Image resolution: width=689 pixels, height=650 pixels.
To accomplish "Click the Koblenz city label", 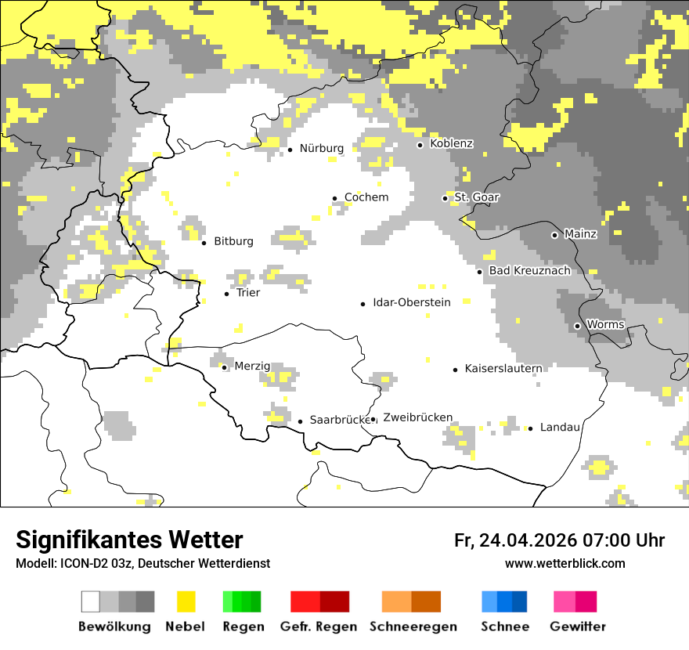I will tap(452, 143).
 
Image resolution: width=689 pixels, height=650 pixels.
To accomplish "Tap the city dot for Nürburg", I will tap(290, 149).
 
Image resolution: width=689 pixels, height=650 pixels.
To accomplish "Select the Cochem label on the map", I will tap(366, 197).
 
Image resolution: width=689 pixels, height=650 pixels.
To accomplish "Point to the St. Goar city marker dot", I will tap(445, 198).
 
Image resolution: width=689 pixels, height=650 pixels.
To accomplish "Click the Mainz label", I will tap(580, 234).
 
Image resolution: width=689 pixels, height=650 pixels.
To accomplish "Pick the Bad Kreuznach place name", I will tap(529, 270).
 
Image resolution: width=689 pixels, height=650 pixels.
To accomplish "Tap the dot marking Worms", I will tap(577, 326).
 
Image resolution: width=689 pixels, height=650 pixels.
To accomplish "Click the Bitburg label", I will tap(233, 241).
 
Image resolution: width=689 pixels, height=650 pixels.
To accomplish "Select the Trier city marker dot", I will tap(226, 294).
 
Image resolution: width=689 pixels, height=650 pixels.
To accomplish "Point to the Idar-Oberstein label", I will tap(411, 302).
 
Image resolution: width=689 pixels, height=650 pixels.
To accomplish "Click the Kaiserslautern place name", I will tap(503, 368).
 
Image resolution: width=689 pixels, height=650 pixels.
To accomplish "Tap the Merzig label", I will tap(252, 366).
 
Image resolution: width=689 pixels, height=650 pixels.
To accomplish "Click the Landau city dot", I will tap(530, 428).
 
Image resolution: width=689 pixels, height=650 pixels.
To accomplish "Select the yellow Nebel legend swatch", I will tap(186, 601).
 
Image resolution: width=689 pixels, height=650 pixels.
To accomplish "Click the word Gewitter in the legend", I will tap(577, 627).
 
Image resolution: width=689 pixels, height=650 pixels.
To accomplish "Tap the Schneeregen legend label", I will tap(413, 627).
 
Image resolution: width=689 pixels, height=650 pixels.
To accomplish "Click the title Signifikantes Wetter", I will tap(129, 540).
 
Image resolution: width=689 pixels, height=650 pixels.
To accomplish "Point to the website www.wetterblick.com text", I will tap(565, 564).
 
